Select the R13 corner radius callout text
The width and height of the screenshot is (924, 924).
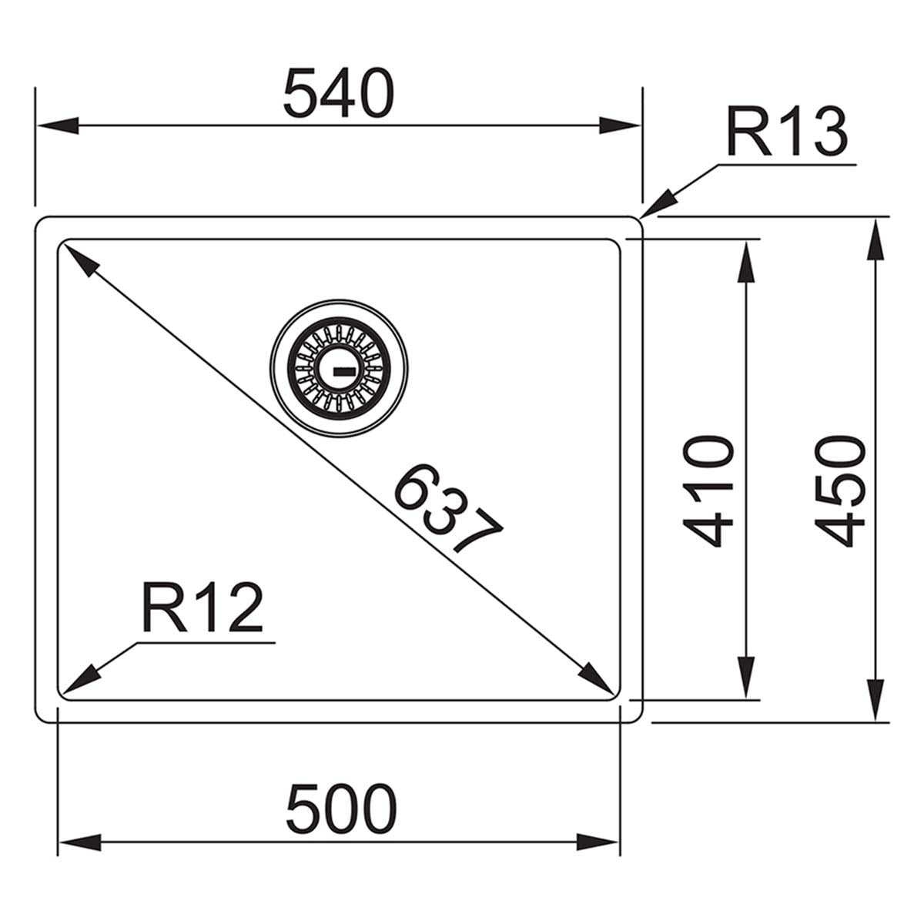pyautogui.click(x=785, y=132)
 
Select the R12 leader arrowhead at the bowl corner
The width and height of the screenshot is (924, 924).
pyautogui.click(x=79, y=678)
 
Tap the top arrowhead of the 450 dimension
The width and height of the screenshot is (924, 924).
pyautogui.click(x=875, y=240)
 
